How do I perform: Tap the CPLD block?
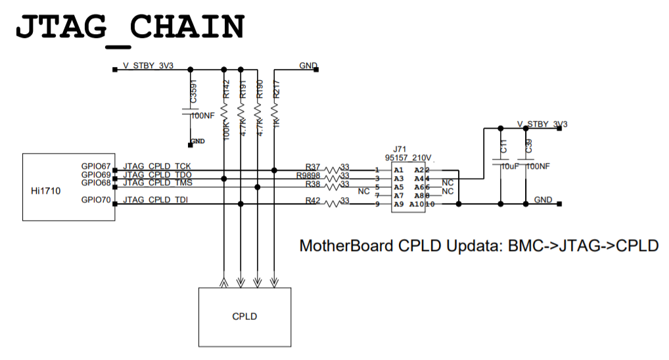click(x=244, y=316)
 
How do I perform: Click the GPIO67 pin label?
click(x=97, y=167)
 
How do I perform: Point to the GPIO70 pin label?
click(x=97, y=200)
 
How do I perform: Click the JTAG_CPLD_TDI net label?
click(x=156, y=200)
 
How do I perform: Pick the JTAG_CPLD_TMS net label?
click(x=158, y=183)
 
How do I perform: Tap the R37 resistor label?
click(x=313, y=167)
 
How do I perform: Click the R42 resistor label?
click(x=313, y=200)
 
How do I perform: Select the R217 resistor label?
click(x=277, y=89)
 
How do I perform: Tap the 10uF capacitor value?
click(x=511, y=167)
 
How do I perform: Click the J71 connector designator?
click(x=401, y=150)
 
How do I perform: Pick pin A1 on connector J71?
click(x=398, y=170)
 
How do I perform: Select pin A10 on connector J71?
click(x=417, y=204)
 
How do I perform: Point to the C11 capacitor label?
click(x=504, y=147)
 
